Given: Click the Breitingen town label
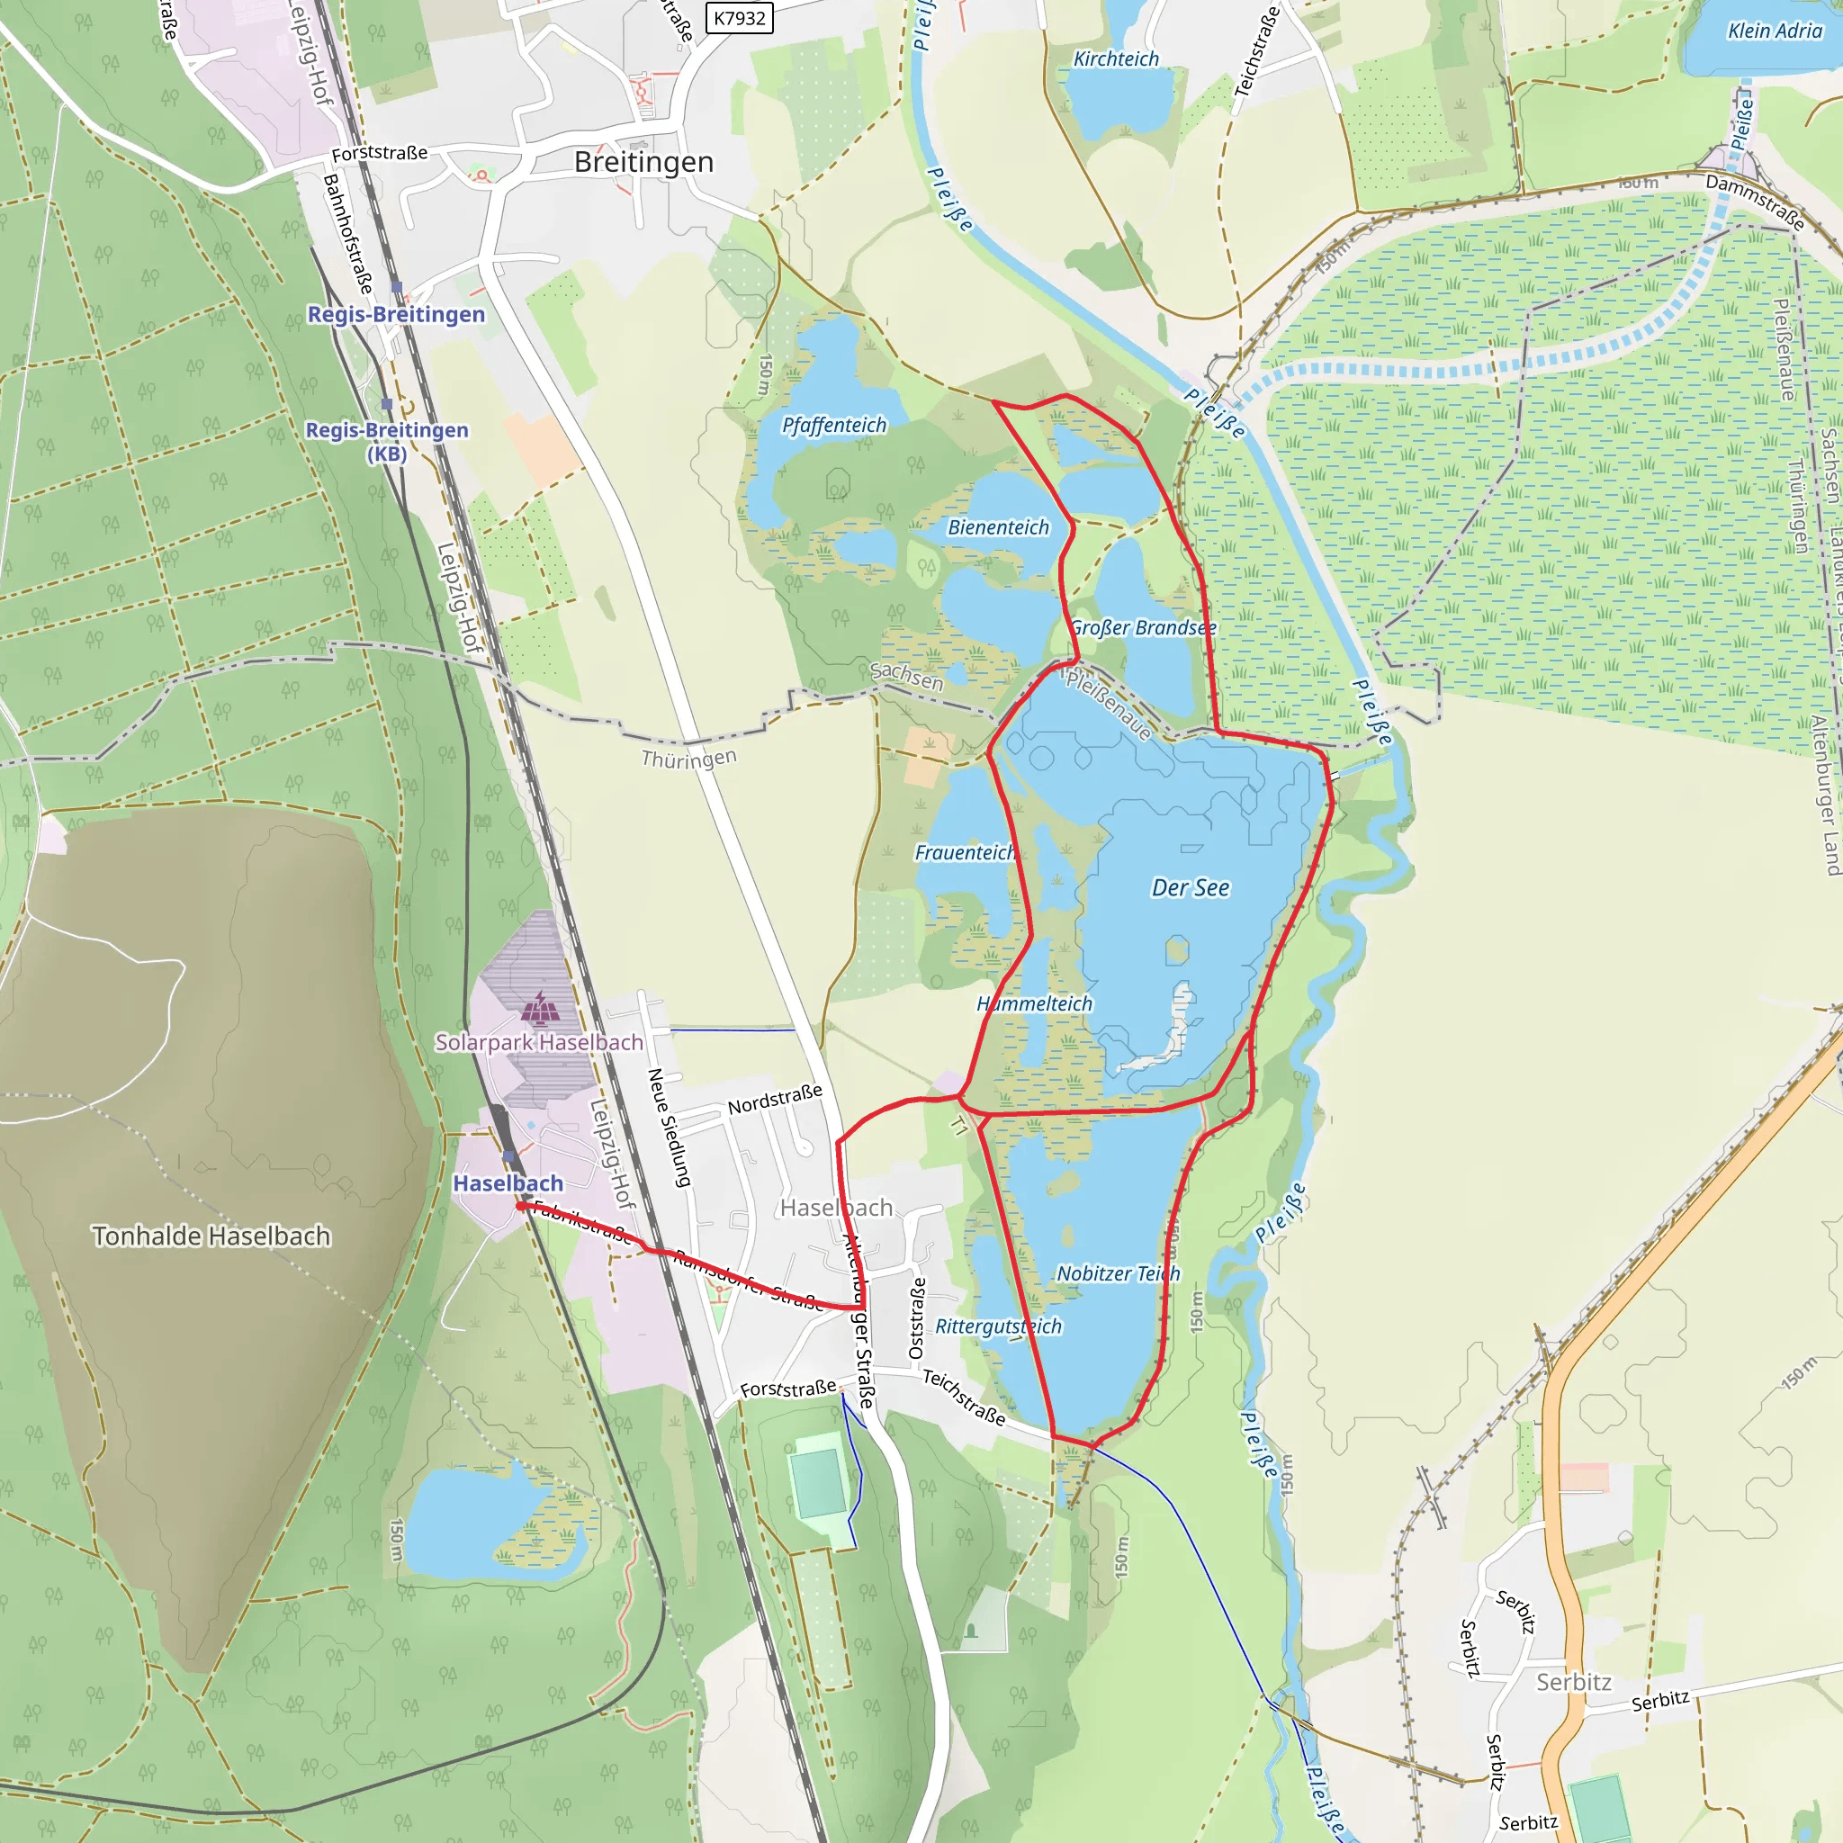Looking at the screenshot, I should (644, 162).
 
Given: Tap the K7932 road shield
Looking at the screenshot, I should (740, 18).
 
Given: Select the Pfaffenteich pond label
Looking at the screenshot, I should (833, 426).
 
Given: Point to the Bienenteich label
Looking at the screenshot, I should (998, 527).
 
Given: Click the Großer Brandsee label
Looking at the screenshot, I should (1143, 628).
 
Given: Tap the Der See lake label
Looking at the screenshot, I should (1191, 888).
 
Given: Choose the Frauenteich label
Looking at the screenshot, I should (965, 853).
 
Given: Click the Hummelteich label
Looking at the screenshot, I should (1035, 1003).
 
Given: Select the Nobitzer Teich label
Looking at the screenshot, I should (1118, 1273).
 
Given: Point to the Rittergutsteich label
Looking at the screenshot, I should (998, 1326).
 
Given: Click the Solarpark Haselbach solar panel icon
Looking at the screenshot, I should (541, 1006).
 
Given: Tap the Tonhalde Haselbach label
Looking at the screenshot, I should (211, 1236).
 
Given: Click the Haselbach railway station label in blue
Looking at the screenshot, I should (508, 1182).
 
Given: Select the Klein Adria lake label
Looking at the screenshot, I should (1775, 31).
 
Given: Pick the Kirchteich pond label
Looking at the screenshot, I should (1116, 59).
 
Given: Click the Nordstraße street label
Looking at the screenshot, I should (775, 1100).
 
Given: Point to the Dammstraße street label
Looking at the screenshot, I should (1755, 202).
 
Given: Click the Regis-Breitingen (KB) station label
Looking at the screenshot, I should (386, 441).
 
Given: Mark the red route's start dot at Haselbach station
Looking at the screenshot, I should (521, 1206).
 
